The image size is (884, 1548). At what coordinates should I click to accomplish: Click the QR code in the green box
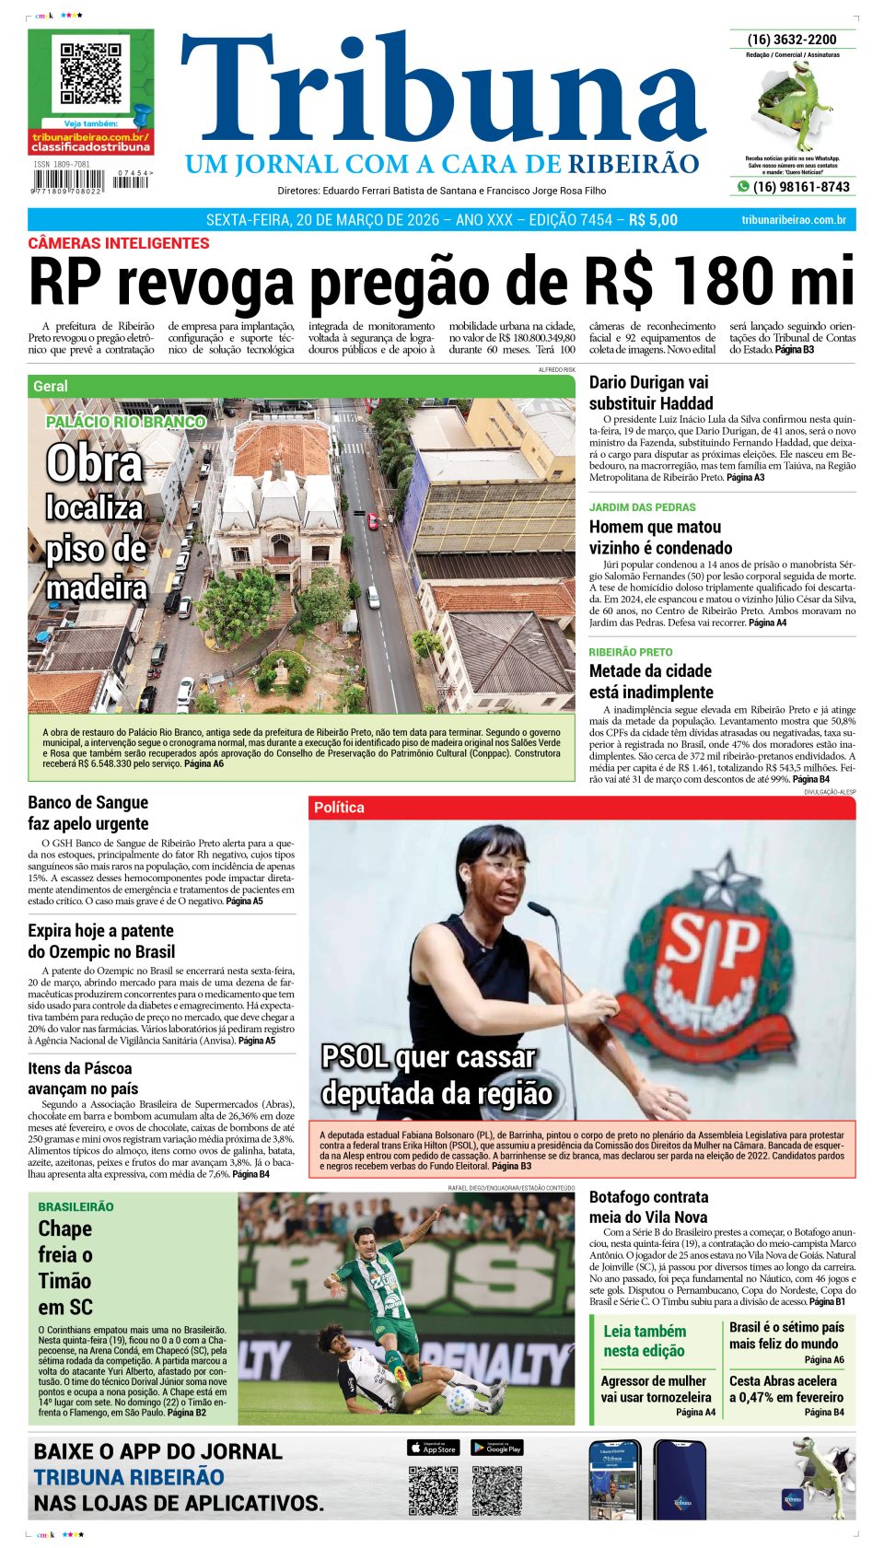[90, 74]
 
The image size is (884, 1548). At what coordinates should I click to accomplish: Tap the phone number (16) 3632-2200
[792, 40]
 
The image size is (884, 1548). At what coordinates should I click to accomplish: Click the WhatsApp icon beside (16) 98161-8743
[743, 187]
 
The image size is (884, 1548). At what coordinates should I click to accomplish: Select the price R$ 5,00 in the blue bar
[653, 220]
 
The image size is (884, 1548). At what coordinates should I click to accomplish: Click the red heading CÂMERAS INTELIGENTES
[119, 243]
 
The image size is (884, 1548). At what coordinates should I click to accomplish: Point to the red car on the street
[373, 521]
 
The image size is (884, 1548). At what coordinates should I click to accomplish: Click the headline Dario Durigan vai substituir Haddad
[650, 392]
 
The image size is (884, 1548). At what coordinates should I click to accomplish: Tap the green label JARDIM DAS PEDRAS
[642, 507]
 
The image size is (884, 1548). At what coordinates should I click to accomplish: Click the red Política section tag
[339, 808]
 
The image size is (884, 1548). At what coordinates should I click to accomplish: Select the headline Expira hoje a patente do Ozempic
[101, 941]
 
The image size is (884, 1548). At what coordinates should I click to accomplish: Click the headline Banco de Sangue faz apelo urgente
[88, 813]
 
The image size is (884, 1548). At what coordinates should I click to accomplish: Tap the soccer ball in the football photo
[460, 1401]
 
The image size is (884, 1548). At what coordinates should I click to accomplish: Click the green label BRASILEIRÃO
[76, 1206]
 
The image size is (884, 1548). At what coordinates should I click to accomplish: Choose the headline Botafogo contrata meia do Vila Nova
[648, 1207]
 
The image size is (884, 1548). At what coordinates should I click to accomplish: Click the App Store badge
[433, 1448]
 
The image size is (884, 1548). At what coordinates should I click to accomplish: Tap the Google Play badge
[497, 1448]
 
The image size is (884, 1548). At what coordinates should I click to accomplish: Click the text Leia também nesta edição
[645, 1341]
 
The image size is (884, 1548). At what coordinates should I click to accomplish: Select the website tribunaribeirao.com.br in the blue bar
[793, 220]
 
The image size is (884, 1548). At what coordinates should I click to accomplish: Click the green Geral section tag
[51, 387]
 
